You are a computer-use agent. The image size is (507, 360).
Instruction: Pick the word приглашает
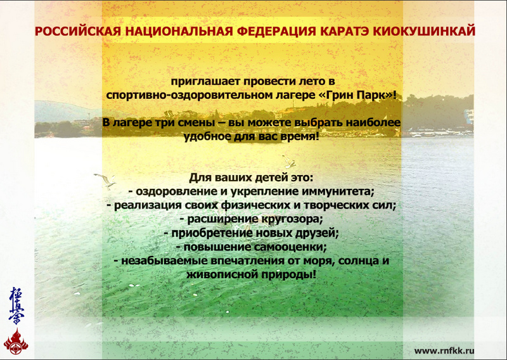(x=199, y=82)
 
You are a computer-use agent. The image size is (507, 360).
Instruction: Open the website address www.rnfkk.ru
(x=445, y=350)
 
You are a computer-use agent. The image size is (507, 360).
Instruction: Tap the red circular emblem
(x=15, y=343)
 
